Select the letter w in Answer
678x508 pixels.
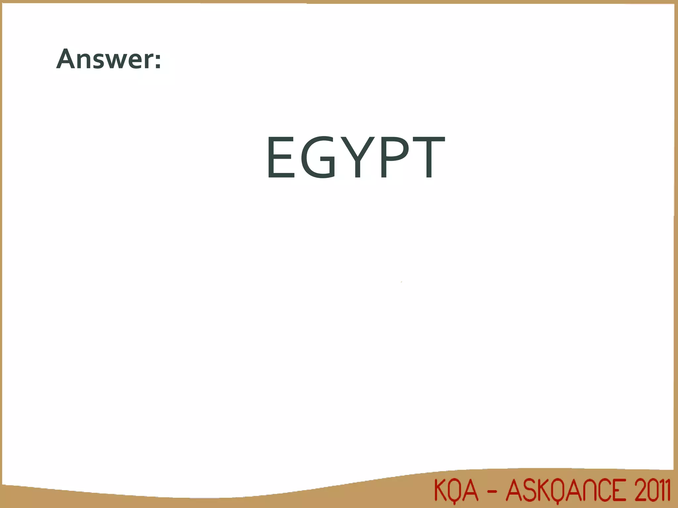tap(114, 62)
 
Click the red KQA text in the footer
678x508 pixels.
tap(456, 491)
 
